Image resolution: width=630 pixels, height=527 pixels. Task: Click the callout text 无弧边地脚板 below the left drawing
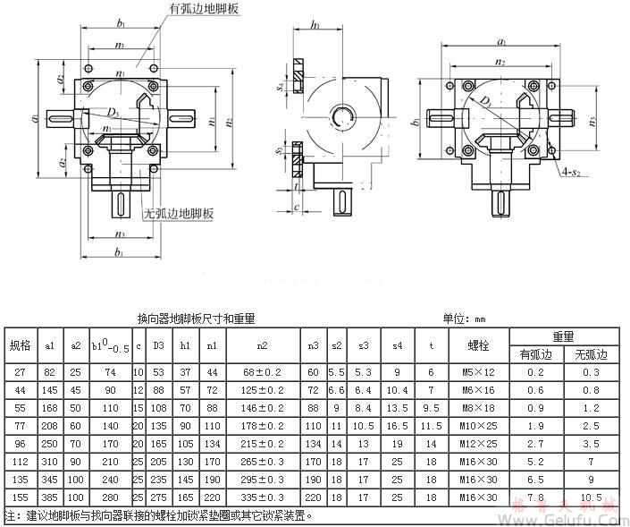[x=179, y=214]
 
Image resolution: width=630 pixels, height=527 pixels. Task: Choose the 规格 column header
[x=20, y=345]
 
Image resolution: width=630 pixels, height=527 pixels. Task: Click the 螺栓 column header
[x=478, y=345]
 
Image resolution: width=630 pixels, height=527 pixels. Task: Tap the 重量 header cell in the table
[x=562, y=336]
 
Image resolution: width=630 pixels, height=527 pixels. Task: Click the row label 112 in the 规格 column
[x=20, y=463]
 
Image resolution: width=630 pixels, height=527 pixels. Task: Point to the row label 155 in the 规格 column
[x=20, y=497]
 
